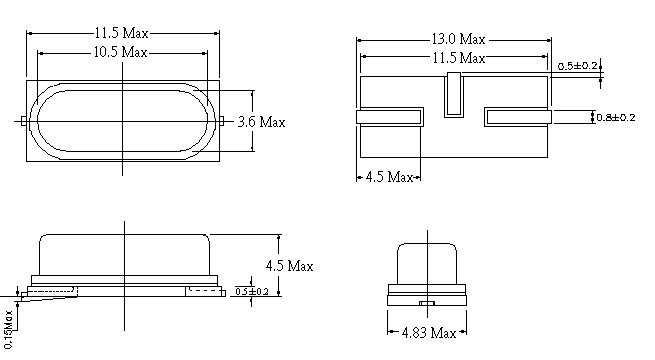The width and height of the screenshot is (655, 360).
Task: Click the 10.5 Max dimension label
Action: [x=120, y=52]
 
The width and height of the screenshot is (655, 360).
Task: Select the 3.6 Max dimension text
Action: [x=261, y=122]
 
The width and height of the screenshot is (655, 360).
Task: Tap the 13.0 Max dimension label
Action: [x=458, y=39]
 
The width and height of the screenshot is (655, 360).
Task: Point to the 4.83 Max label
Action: [x=429, y=333]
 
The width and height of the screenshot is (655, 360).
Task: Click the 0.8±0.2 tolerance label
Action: [x=616, y=117]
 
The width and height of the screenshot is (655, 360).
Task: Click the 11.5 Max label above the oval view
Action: [x=121, y=33]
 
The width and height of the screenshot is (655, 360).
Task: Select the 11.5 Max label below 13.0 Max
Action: [x=459, y=58]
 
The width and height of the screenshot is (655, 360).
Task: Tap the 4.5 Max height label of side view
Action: [x=289, y=266]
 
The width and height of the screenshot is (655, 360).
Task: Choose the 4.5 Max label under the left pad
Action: [x=389, y=177]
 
